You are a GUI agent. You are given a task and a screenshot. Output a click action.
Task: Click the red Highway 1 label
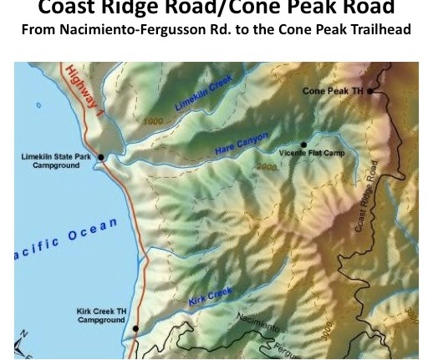(85, 94)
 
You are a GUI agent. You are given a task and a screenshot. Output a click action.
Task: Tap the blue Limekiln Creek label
(203, 93)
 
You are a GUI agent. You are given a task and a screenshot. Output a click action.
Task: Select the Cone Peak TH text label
(333, 91)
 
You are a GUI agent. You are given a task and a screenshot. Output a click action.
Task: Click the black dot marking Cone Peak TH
(370, 91)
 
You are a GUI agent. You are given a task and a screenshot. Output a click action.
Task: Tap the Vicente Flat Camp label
(311, 154)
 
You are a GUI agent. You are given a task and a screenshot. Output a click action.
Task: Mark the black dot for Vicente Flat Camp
(304, 145)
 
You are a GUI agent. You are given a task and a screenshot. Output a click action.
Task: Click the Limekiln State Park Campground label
(56, 161)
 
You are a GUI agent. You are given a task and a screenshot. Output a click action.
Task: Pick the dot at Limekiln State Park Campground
(101, 157)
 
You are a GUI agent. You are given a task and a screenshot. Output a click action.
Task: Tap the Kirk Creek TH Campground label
(101, 316)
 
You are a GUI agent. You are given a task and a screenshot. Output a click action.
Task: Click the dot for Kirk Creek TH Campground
(135, 328)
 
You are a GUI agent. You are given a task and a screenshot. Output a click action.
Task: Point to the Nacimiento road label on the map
(258, 322)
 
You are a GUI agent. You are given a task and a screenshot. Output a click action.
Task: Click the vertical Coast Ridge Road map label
(365, 197)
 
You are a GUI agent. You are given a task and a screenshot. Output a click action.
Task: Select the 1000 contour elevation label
(153, 121)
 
